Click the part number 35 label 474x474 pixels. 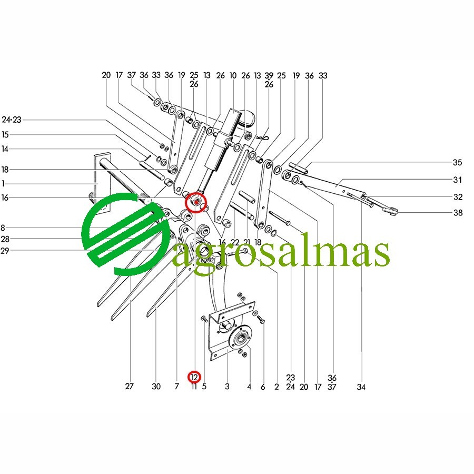click(457, 163)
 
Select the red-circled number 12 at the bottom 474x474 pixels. click(194, 377)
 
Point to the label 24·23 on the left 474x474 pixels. click(12, 120)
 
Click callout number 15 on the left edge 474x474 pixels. click(5, 134)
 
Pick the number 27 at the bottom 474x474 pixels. click(129, 387)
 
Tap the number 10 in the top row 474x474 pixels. click(233, 75)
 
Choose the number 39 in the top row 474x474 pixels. click(269, 75)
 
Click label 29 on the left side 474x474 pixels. click(5, 251)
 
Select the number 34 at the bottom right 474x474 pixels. click(361, 387)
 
